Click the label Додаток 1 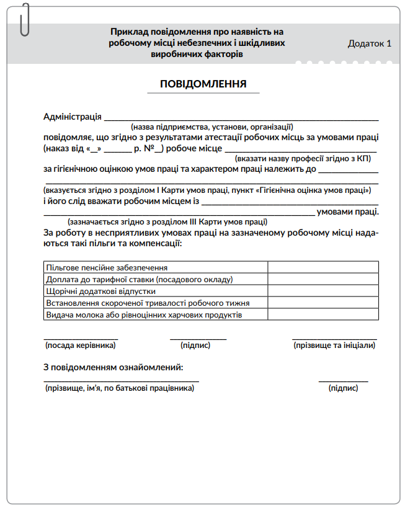[x=370, y=43]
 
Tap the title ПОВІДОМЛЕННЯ [x=203, y=84]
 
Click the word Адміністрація [x=73, y=116]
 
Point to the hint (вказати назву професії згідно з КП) [x=303, y=158]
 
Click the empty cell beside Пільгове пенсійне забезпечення [x=323, y=267]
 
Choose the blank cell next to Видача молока [x=323, y=314]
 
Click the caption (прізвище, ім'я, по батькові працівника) [x=120, y=388]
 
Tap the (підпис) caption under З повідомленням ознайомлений [x=343, y=388]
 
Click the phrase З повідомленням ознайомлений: [x=113, y=367]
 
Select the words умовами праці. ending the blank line [x=347, y=212]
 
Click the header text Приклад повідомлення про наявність [x=197, y=31]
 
